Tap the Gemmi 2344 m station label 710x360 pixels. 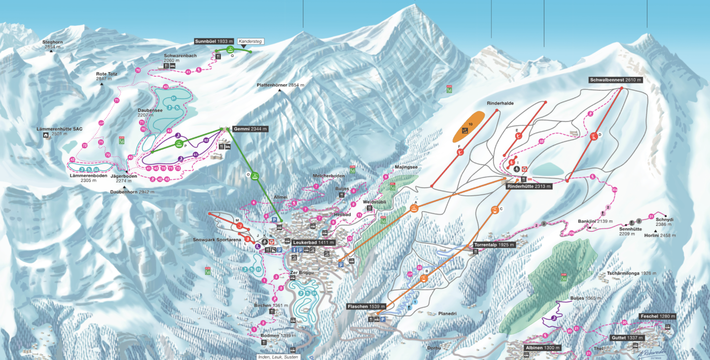pyautogui.click(x=250, y=129)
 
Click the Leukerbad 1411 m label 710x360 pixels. pyautogui.click(x=314, y=243)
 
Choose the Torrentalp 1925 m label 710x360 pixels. pyautogui.click(x=494, y=245)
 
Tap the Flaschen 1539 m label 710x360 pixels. pyautogui.click(x=364, y=307)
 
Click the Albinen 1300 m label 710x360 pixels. pyautogui.click(x=542, y=348)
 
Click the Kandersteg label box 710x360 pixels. pyautogui.click(x=249, y=41)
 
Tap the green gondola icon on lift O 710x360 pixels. pyautogui.click(x=255, y=176)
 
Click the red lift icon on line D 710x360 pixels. pyautogui.click(x=594, y=137)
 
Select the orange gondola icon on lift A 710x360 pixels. pyautogui.click(x=413, y=208)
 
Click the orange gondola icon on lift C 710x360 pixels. pyautogui.click(x=494, y=211)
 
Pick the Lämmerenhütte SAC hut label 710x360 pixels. pyautogui.click(x=59, y=129)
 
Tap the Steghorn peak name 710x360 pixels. pyautogui.click(x=52, y=42)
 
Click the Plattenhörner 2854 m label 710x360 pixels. pyautogui.click(x=280, y=85)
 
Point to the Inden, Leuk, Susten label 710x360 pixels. pyautogui.click(x=278, y=357)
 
